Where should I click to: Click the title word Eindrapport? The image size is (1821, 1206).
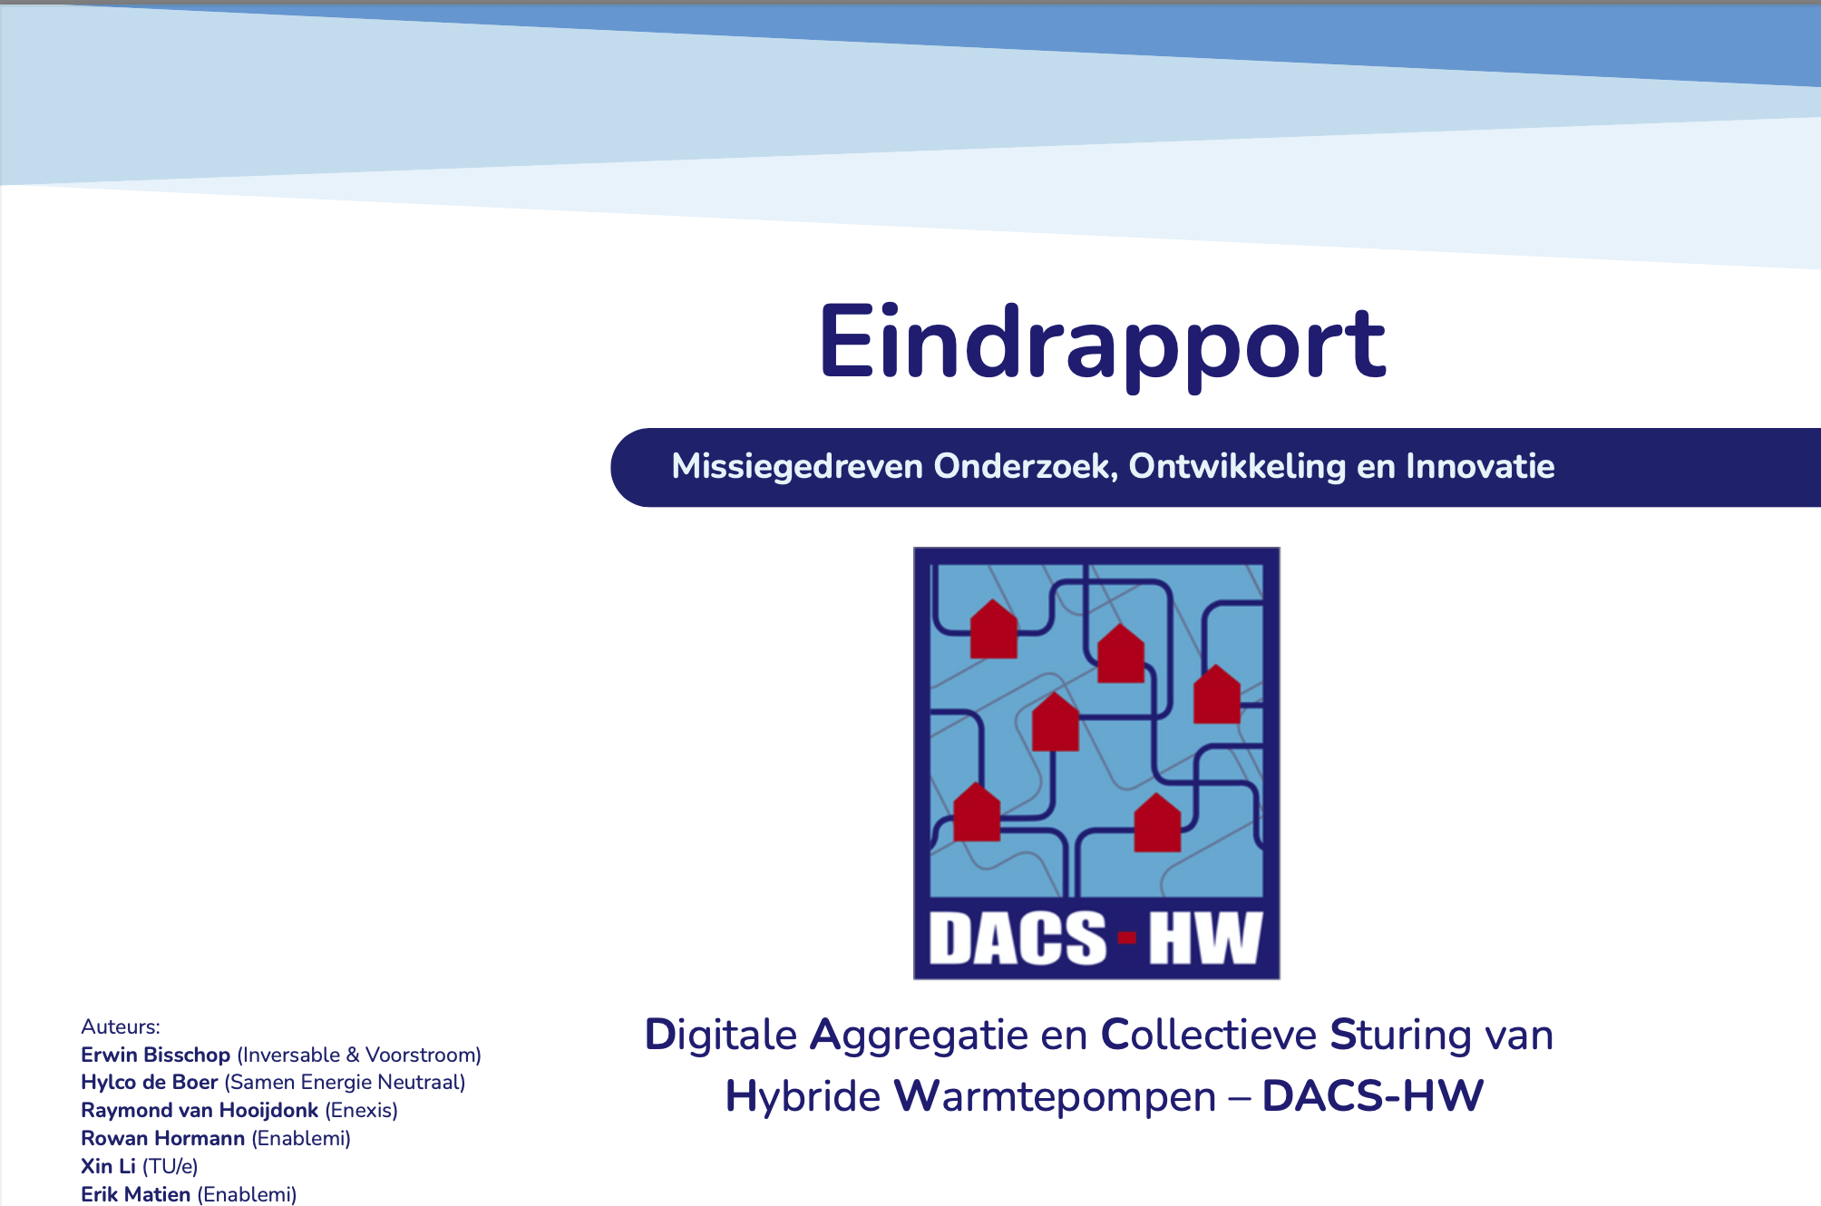click(x=1102, y=345)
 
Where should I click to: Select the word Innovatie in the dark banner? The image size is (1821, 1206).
click(x=1480, y=466)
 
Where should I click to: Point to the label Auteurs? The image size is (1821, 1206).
click(x=121, y=1026)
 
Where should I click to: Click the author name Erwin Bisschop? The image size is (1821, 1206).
click(x=155, y=1055)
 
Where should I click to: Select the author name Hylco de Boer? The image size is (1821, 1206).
click(x=149, y=1082)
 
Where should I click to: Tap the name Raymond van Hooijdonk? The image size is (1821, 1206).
click(x=200, y=1110)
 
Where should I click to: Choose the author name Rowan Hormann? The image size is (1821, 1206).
click(x=162, y=1138)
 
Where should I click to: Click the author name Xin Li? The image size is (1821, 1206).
click(x=108, y=1166)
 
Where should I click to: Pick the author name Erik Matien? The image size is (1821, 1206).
click(x=135, y=1194)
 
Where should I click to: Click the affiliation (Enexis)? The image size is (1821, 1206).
click(x=361, y=1110)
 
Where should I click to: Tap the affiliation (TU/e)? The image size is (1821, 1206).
click(x=170, y=1166)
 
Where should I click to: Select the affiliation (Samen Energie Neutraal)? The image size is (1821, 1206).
click(x=345, y=1082)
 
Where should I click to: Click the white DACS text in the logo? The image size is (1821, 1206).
click(x=1018, y=938)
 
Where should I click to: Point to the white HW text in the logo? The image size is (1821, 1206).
click(x=1205, y=938)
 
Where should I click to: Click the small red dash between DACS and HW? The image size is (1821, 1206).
click(x=1127, y=938)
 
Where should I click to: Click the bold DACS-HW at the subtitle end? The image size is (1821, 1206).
click(x=1372, y=1095)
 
